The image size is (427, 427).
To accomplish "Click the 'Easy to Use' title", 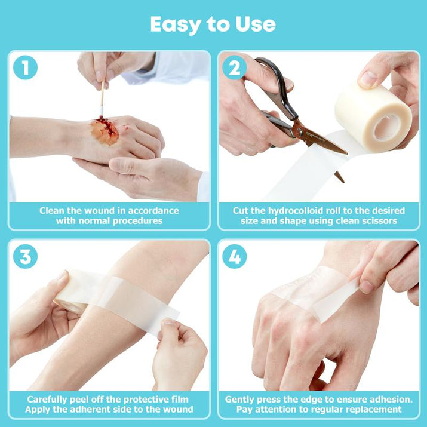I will point(213,24).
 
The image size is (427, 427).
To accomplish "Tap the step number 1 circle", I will point(24,68).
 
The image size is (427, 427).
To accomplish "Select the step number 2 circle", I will point(235,68).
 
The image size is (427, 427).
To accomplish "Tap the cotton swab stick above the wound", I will point(102,99).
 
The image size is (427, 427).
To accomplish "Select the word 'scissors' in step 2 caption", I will point(378,222).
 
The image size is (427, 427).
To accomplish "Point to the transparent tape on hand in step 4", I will point(311,293).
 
